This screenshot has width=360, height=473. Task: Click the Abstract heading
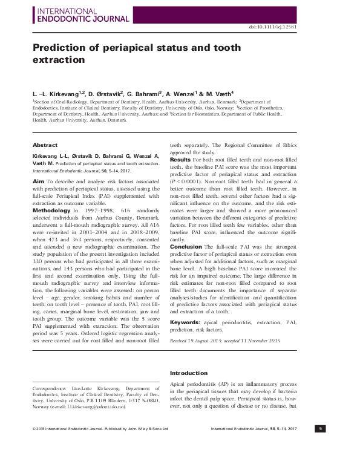coord(45,145)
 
